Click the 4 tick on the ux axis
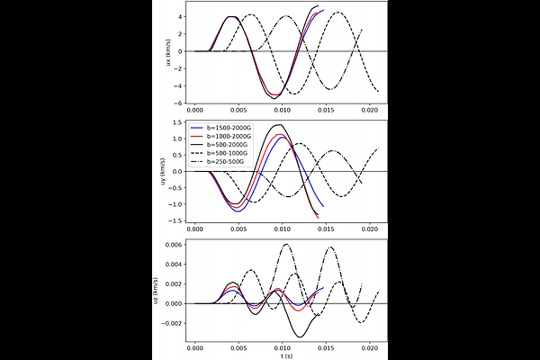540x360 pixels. click(x=181, y=17)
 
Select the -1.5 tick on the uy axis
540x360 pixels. click(x=175, y=220)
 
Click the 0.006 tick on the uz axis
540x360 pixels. click(x=172, y=245)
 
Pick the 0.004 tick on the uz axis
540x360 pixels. click(x=172, y=265)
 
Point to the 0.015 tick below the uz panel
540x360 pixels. click(x=327, y=346)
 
